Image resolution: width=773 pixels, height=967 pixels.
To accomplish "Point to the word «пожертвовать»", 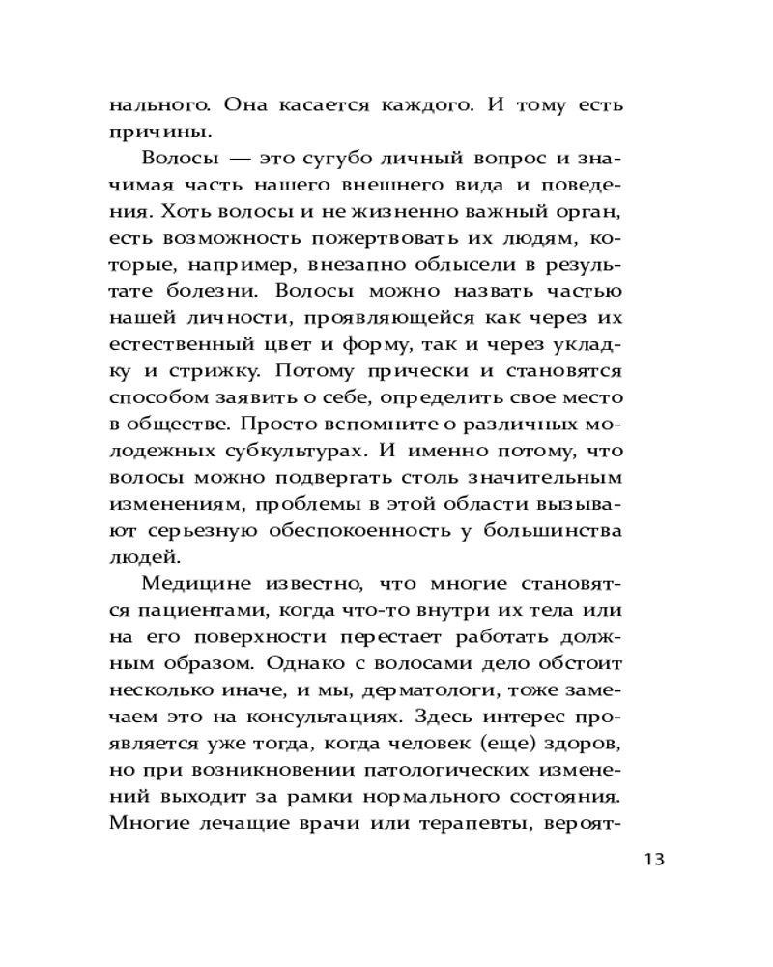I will pos(354,236).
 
